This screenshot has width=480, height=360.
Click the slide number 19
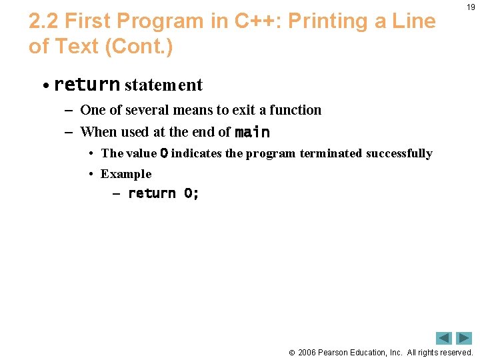pos(471,7)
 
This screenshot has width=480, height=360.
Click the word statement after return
pos(163,85)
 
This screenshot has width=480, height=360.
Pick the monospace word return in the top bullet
pos(87,85)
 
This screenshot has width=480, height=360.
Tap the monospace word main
pos(252,132)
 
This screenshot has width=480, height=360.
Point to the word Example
pos(126,174)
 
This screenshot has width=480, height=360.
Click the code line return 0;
pos(163,193)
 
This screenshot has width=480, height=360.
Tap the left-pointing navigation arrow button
pos(444,338)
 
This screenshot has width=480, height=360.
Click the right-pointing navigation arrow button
pos(464,338)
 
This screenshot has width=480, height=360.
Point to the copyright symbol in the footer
pos(291,353)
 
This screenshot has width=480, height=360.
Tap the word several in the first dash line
pos(144,110)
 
